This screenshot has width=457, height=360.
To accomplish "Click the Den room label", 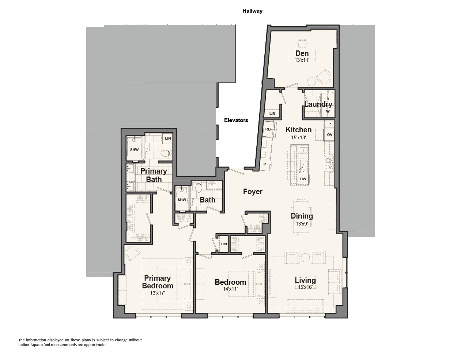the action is pos(302,53).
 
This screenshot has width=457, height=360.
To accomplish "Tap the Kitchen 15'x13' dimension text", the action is pos(298,137).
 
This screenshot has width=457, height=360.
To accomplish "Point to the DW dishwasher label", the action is pos(303,179).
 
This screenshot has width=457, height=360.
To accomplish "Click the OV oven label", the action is pos(329,134).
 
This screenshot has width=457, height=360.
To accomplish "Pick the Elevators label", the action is pos(236,120).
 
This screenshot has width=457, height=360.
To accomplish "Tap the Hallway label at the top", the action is pos(252,11).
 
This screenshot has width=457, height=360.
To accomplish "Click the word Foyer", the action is pos(253,192).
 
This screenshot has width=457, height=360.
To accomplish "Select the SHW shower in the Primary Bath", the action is pos(134,149).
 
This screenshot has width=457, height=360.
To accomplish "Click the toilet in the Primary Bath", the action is pos(166,153).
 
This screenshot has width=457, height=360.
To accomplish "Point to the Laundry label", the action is pos(318,104).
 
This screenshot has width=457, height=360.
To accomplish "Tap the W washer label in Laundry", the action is pos(328,111).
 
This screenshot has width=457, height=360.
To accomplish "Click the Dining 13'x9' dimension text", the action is pos(302,224).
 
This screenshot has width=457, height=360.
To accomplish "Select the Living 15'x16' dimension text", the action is pos(305,287).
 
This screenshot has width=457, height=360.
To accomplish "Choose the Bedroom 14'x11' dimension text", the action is pos(230,289).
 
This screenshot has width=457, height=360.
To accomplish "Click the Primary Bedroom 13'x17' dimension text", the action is pos(157,293).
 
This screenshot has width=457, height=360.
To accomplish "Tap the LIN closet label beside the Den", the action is pos(272,114).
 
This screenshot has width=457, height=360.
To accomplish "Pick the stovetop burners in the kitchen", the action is pos(329,163).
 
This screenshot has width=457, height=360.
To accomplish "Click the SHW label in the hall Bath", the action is pos(182,200).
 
